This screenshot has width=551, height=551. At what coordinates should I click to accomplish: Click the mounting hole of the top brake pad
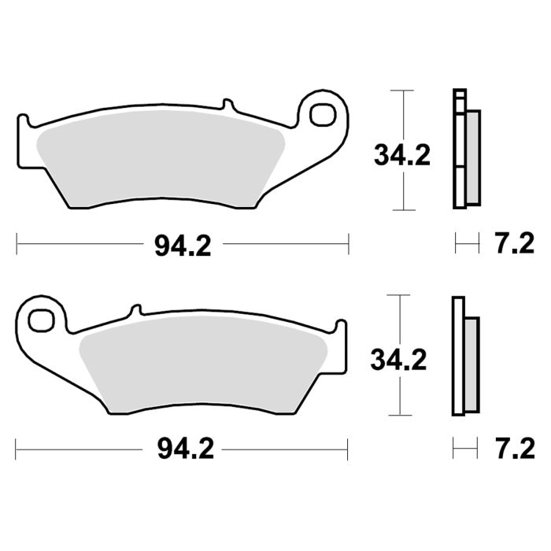pos(321,115)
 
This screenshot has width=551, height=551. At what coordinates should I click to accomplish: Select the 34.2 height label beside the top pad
pos(401,155)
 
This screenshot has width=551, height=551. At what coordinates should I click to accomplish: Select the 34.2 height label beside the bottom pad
pos(399,360)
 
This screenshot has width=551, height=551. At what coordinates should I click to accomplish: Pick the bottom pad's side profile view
pos(464,356)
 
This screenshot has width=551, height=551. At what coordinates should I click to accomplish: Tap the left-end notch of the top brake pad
pos(23,121)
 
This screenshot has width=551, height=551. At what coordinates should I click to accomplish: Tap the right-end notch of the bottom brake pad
pos(340,325)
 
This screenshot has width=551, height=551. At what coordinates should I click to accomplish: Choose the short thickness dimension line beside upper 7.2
pos(467,244)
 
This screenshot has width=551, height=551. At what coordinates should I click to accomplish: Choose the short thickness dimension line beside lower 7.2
pos(464,449)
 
